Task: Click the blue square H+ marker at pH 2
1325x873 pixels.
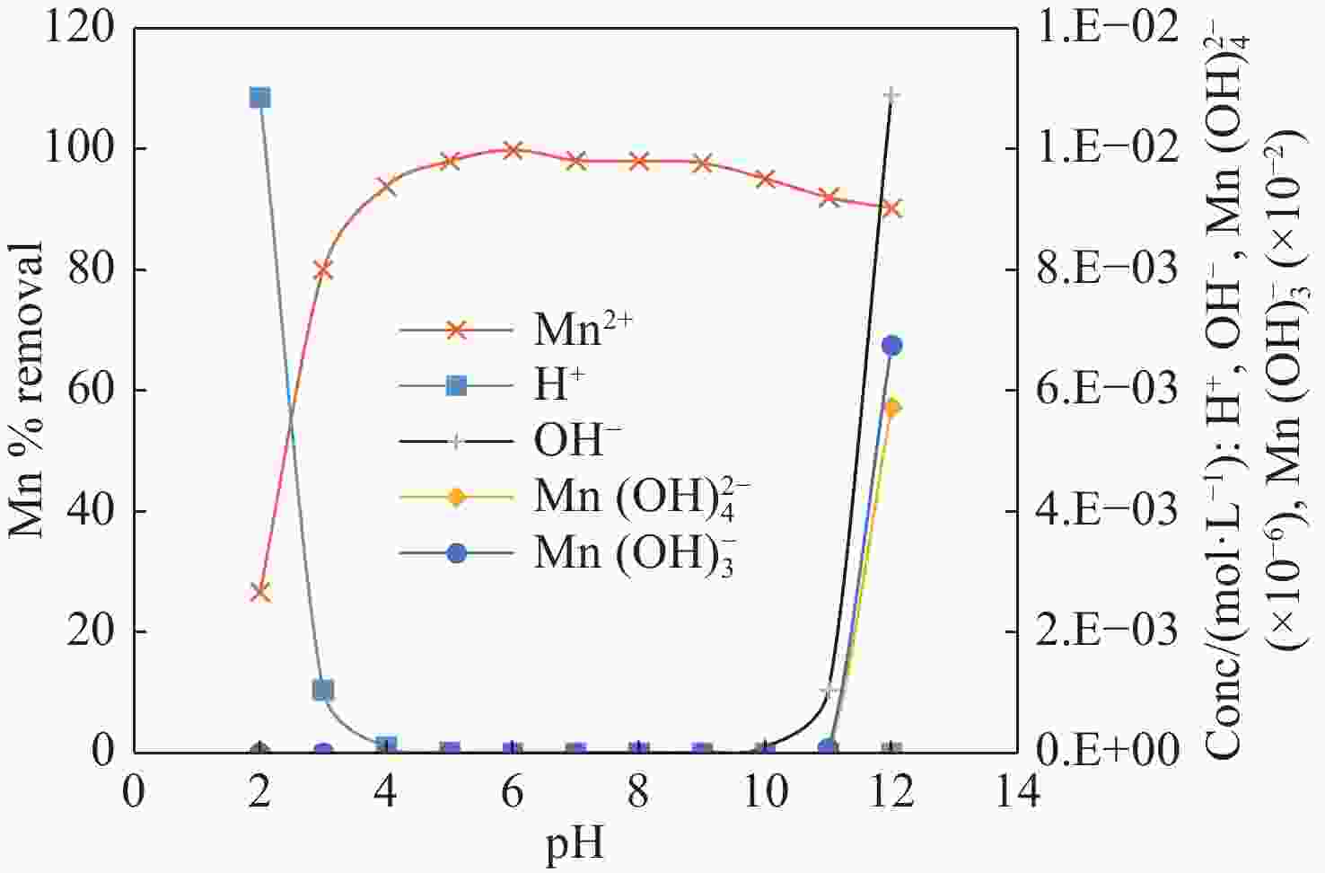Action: tap(259, 97)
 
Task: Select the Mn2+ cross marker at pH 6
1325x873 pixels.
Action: tap(513, 150)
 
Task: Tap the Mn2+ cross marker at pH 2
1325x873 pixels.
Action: tap(260, 592)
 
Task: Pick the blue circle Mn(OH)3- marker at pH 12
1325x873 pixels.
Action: tap(891, 346)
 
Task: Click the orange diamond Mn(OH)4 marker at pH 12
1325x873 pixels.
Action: tap(891, 408)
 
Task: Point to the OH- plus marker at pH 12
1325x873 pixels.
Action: tap(891, 95)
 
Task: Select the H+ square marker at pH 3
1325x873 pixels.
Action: tap(323, 690)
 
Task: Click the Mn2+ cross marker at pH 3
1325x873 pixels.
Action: tap(323, 270)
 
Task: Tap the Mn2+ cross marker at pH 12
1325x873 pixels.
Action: tap(891, 208)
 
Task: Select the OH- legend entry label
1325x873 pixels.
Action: tap(577, 441)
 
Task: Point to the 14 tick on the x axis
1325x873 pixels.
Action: tap(1017, 792)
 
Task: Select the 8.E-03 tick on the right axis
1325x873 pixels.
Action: tap(1106, 269)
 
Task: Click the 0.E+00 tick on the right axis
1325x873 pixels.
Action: tap(1106, 751)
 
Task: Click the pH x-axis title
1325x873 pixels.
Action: tap(575, 844)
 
